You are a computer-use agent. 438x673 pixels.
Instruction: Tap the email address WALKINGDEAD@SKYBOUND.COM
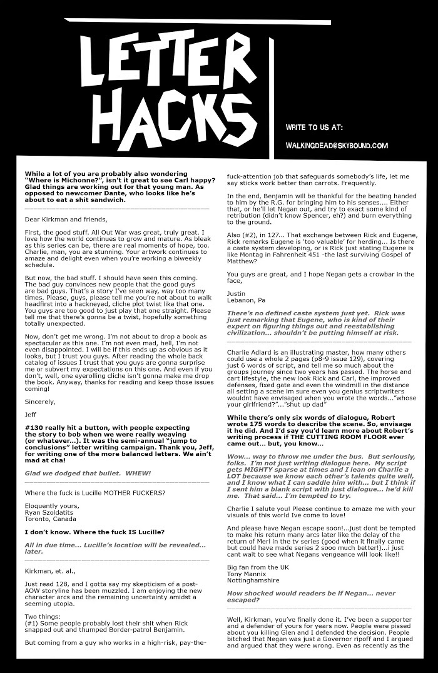coord(336,146)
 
